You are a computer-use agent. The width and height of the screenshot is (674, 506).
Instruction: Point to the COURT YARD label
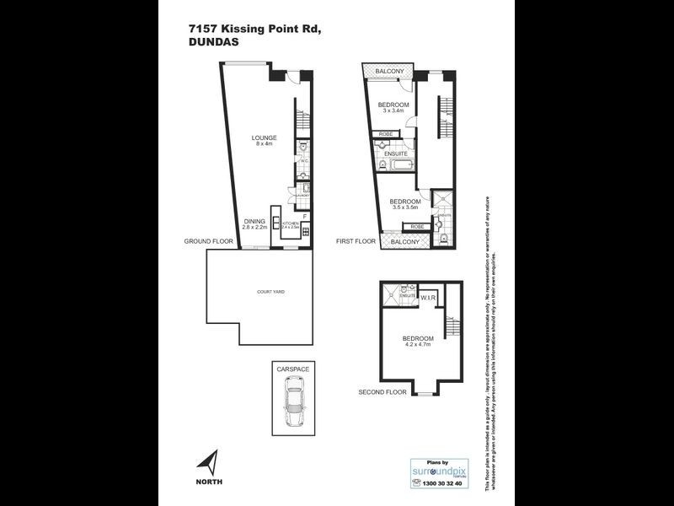270,292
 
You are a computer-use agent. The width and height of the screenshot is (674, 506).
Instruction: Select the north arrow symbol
207,463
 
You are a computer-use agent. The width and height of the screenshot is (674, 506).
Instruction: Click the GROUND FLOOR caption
209,241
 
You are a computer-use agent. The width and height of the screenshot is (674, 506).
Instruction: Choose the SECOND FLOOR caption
382,392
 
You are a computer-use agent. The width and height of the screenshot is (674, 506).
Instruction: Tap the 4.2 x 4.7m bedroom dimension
416,344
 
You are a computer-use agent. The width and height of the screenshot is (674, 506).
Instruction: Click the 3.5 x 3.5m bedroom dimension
405,206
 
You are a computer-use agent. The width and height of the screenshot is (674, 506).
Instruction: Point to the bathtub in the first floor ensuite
397,167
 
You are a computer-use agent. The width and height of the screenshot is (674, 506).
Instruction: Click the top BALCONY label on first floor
389,71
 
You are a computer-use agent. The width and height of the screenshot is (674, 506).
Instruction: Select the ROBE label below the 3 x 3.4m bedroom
385,134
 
